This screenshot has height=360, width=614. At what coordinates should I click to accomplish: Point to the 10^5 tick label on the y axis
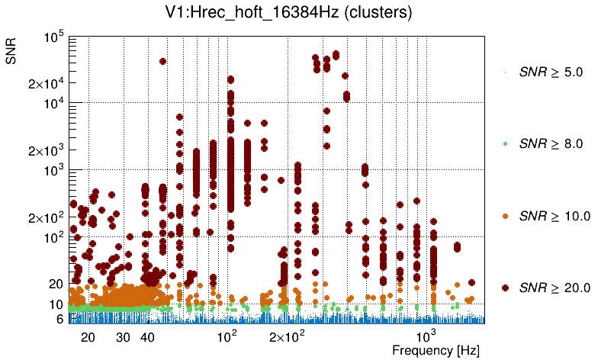click(53, 37)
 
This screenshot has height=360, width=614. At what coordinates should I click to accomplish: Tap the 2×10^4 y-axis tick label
click(46, 83)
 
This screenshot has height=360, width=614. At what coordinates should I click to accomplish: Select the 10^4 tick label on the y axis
click(53, 103)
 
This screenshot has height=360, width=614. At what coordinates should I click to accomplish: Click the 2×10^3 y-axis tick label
click(46, 150)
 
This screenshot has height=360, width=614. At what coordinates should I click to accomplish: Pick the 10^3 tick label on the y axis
click(53, 170)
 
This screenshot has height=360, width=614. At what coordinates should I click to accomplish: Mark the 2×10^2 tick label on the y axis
click(46, 217)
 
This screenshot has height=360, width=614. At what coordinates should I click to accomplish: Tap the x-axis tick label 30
click(123, 336)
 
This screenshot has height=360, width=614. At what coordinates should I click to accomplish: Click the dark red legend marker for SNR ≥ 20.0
click(505, 287)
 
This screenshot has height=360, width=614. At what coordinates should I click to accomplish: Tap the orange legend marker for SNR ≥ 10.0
click(505, 216)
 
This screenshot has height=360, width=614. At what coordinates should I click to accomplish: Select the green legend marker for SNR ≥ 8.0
click(505, 143)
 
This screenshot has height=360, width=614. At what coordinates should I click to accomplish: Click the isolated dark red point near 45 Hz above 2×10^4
click(162, 61)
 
